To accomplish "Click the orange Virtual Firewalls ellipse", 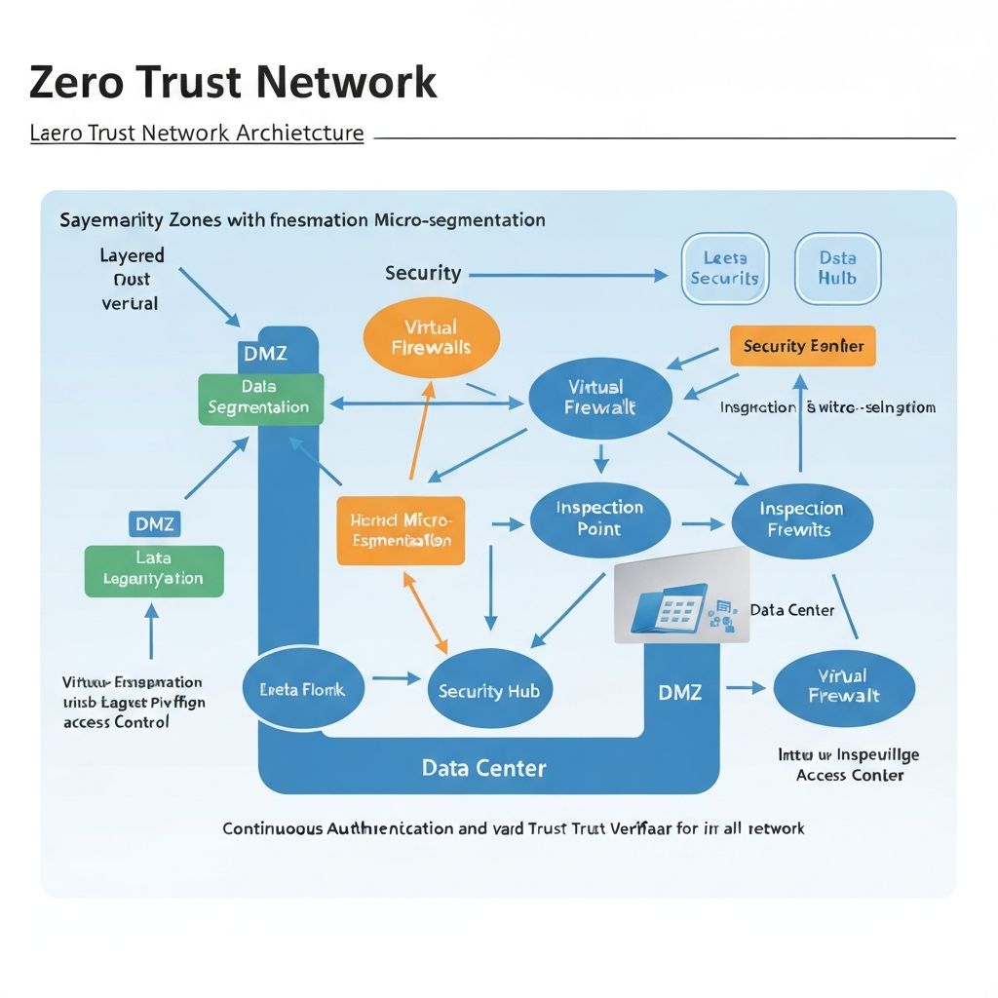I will pos(431,338).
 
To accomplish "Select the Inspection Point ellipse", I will pos(599,518).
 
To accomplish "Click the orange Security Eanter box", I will pos(802,346).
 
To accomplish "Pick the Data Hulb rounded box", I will pos(837,268).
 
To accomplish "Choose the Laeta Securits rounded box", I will pos(724,268).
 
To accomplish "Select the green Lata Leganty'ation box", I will pos(154,570).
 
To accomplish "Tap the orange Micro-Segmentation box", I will pos(401,530).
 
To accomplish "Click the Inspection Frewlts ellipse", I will pos(801,518).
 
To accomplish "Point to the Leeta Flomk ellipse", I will pos(302,689).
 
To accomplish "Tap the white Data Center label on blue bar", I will pos(484,768).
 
